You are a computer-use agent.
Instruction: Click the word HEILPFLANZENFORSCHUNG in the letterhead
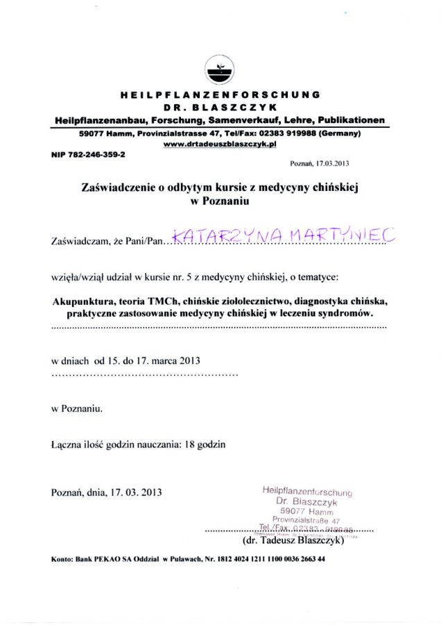tap(220, 94)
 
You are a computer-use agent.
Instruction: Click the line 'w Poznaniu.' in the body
tap(78, 409)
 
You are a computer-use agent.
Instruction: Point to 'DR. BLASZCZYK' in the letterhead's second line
tap(220, 107)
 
